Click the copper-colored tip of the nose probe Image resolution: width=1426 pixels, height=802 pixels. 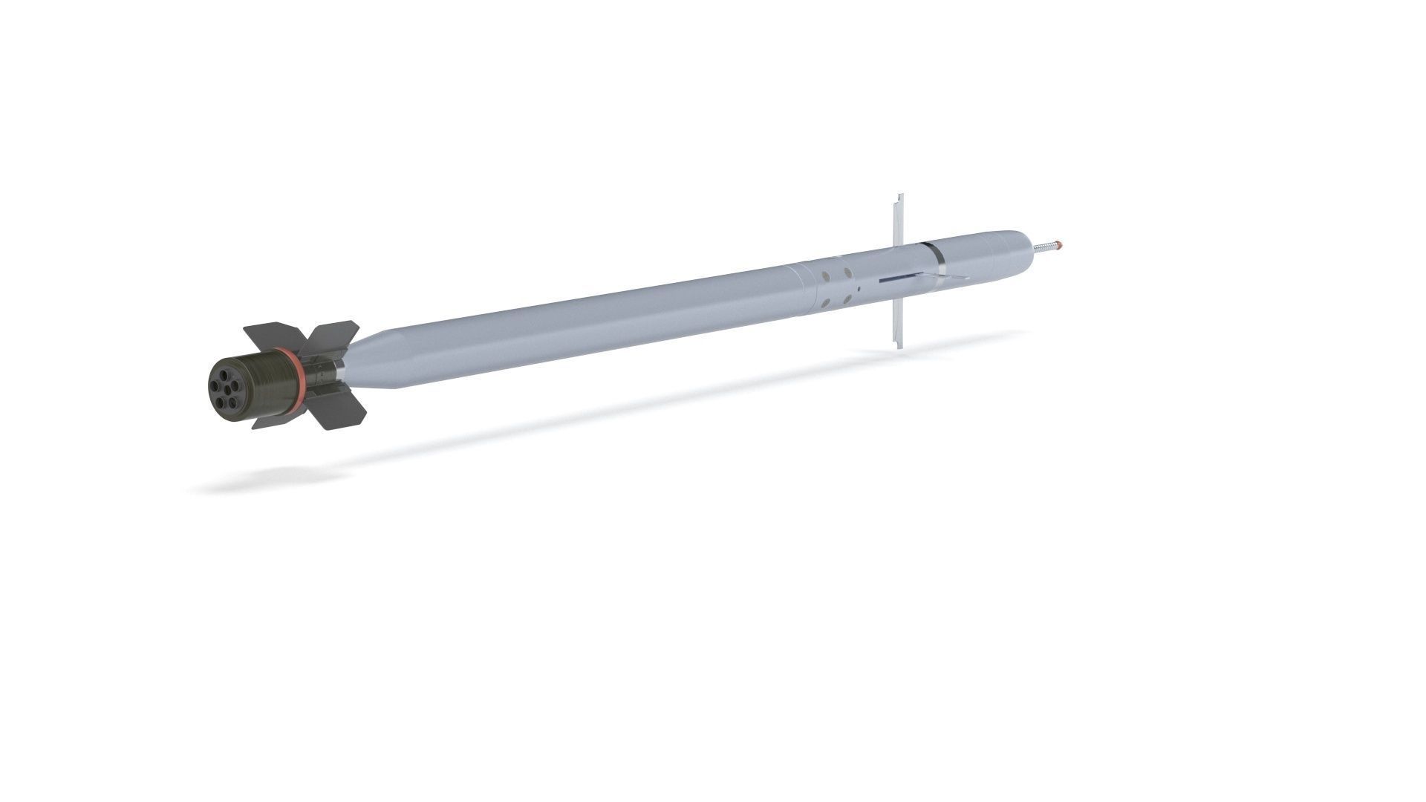[1059, 244]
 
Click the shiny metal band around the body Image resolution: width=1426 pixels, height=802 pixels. [940, 254]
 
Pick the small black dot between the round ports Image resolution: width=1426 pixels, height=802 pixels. [859, 289]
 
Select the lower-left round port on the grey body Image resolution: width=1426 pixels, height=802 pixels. [825, 303]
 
